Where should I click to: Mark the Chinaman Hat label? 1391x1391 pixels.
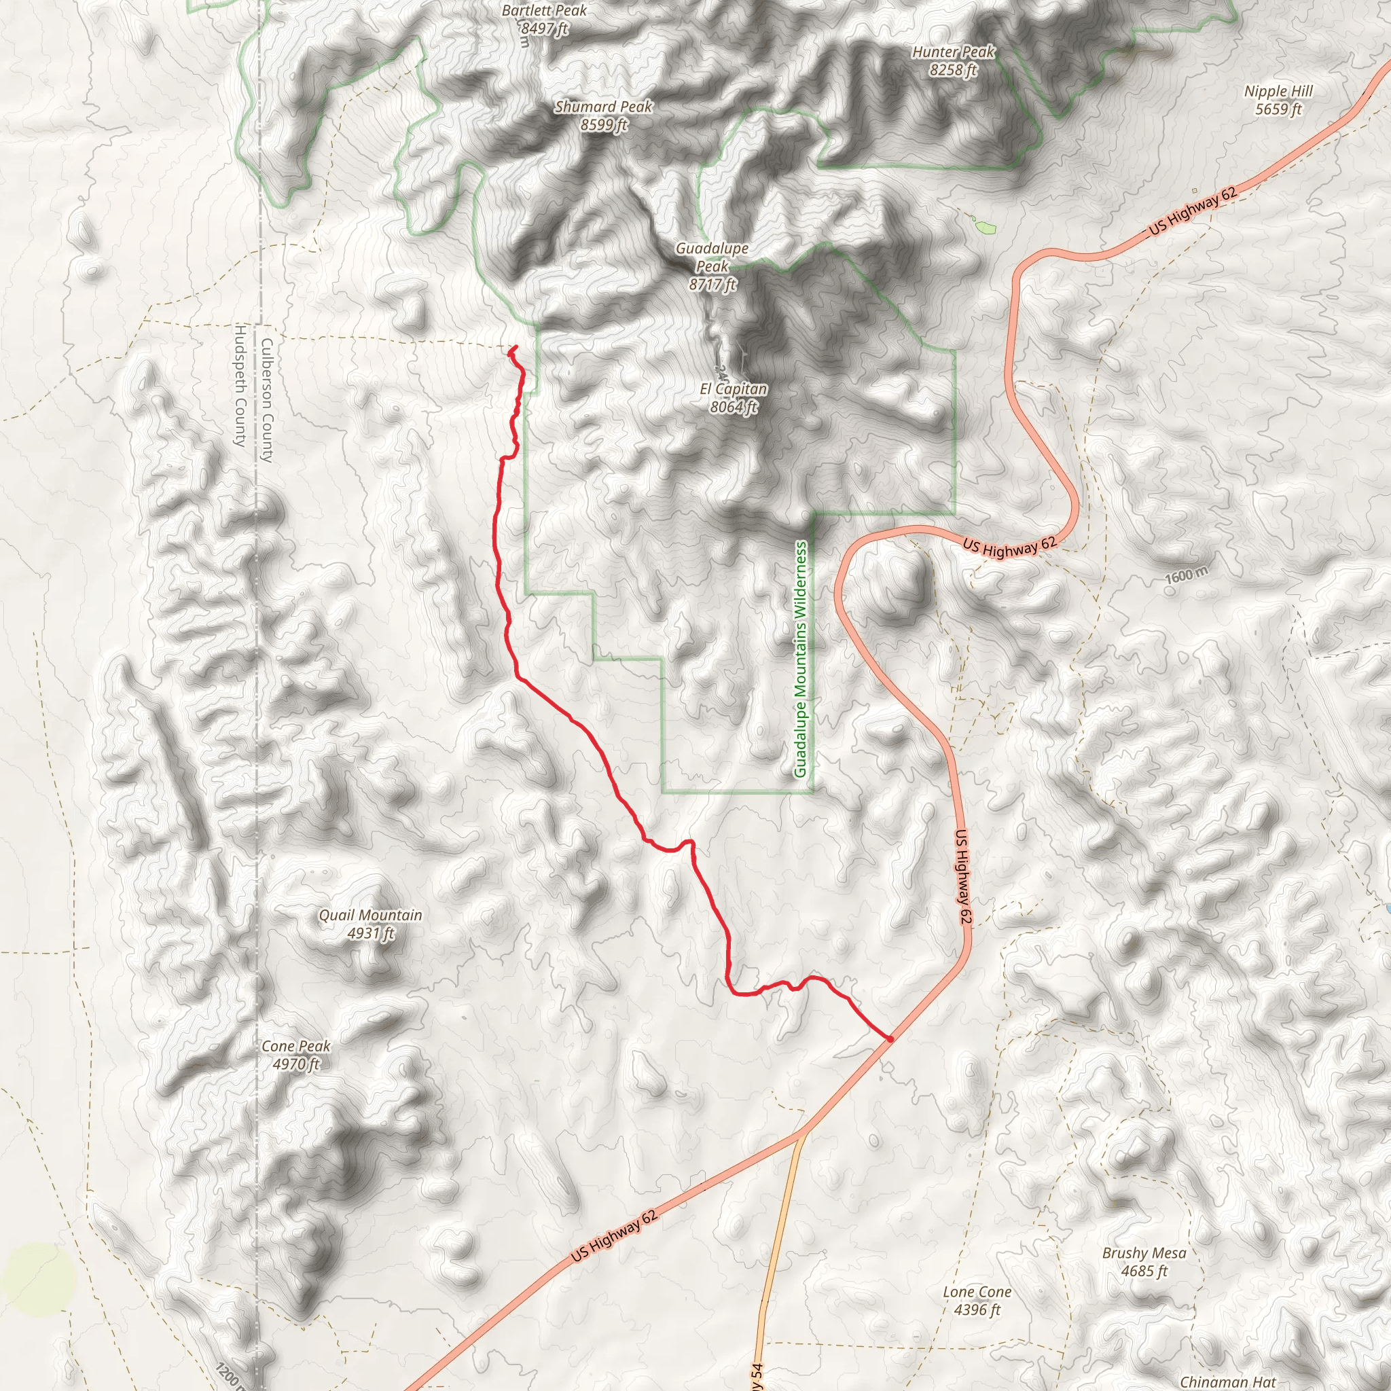click(1227, 1381)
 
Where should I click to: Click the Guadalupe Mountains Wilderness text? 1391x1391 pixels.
click(801, 660)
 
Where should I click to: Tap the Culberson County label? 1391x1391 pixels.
click(266, 400)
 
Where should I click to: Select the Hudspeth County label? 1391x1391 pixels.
click(240, 385)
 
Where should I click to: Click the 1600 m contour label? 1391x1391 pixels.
click(1186, 575)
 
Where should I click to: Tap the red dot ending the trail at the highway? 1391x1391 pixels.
click(890, 1039)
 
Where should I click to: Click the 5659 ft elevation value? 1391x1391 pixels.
click(1278, 109)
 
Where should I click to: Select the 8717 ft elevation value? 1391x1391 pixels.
click(712, 285)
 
